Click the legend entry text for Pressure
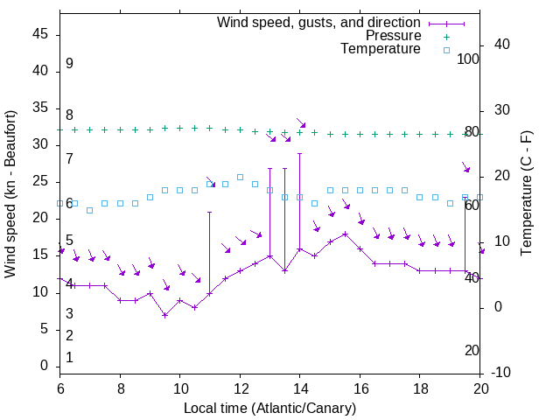pyautogui.click(x=393, y=36)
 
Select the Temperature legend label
pyautogui.click(x=381, y=49)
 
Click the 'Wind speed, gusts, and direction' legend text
pyautogui.click(x=319, y=22)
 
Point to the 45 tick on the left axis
pyautogui.click(x=41, y=34)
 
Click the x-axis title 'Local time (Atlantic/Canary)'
pyautogui.click(x=269, y=408)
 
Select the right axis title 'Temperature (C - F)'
pyautogui.click(x=526, y=194)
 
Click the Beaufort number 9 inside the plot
pyautogui.click(x=69, y=64)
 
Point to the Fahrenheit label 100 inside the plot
pyautogui.click(x=469, y=59)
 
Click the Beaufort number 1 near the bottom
pyautogui.click(x=69, y=357)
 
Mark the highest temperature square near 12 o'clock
pyautogui.click(x=240, y=177)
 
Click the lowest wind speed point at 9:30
pyautogui.click(x=164, y=315)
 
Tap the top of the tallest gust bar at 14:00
pyautogui.click(x=299, y=154)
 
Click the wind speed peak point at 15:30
pyautogui.click(x=345, y=234)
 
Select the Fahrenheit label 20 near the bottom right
pyautogui.click(x=472, y=350)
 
